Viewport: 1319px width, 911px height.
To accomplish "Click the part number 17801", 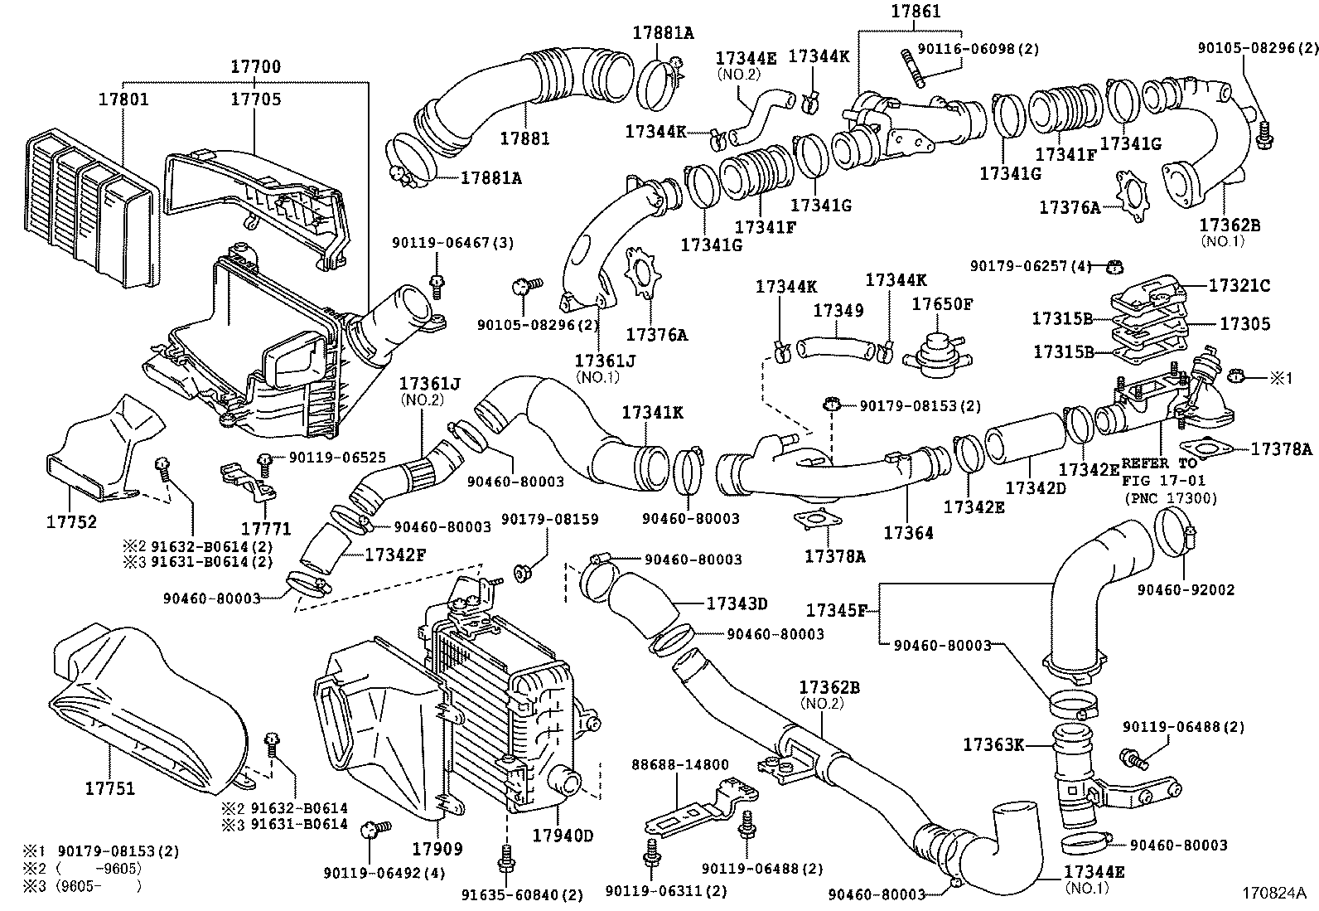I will click(x=123, y=99).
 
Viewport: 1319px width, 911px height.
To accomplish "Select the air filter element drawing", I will click(x=87, y=203).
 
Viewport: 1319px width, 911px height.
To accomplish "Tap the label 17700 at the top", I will click(x=255, y=67).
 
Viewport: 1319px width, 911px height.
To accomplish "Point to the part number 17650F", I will click(x=942, y=304).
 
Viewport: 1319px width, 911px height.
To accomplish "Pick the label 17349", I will click(x=838, y=311).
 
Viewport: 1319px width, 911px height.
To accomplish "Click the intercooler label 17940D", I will click(x=563, y=836).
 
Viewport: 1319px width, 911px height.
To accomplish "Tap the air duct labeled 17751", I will click(x=149, y=713).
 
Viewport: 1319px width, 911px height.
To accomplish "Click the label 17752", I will click(x=71, y=522).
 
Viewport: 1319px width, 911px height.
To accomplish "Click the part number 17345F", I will click(x=837, y=611).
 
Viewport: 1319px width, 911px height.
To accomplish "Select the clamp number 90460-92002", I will click(x=1186, y=589).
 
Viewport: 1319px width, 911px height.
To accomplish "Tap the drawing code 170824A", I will click(x=1273, y=894).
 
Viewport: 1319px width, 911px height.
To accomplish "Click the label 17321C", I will click(x=1239, y=285).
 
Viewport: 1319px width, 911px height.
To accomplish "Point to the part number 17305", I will click(x=1244, y=324).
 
